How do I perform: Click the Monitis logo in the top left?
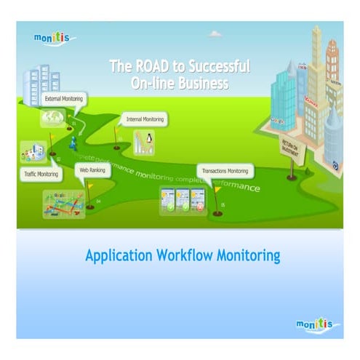(54, 37)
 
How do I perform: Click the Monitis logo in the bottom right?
(317, 322)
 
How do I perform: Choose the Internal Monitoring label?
(145, 118)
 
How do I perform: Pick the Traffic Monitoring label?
(38, 175)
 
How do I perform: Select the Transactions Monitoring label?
(225, 172)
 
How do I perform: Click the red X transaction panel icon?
(199, 201)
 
